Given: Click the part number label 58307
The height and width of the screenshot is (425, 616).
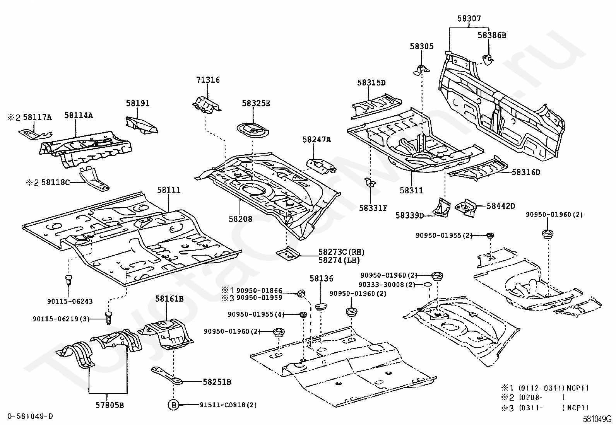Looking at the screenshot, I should pyautogui.click(x=469, y=19).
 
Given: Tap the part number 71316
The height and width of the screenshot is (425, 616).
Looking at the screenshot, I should pyautogui.click(x=208, y=80).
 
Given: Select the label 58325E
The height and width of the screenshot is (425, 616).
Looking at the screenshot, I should pyautogui.click(x=256, y=103).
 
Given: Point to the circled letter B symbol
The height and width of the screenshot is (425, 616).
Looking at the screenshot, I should pyautogui.click(x=173, y=405).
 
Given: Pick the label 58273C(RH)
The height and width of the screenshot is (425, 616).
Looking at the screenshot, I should pyautogui.click(x=341, y=252).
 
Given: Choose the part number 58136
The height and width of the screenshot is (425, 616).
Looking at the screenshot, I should pyautogui.click(x=321, y=278).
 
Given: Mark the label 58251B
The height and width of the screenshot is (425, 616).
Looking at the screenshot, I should pyautogui.click(x=217, y=382).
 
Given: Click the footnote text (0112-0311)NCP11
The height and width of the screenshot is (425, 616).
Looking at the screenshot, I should pyautogui.click(x=553, y=388).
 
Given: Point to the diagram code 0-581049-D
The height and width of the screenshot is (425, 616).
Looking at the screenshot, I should pyautogui.click(x=29, y=416).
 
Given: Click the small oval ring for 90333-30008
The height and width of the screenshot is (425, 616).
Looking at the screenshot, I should pyautogui.click(x=427, y=285).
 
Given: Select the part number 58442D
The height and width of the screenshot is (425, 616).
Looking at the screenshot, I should pyautogui.click(x=501, y=206).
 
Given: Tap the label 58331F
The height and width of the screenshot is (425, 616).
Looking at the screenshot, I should pyautogui.click(x=373, y=208).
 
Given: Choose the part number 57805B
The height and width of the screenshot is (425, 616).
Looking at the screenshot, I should pyautogui.click(x=110, y=405).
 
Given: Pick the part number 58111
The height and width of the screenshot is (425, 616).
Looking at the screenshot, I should pyautogui.click(x=169, y=190).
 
